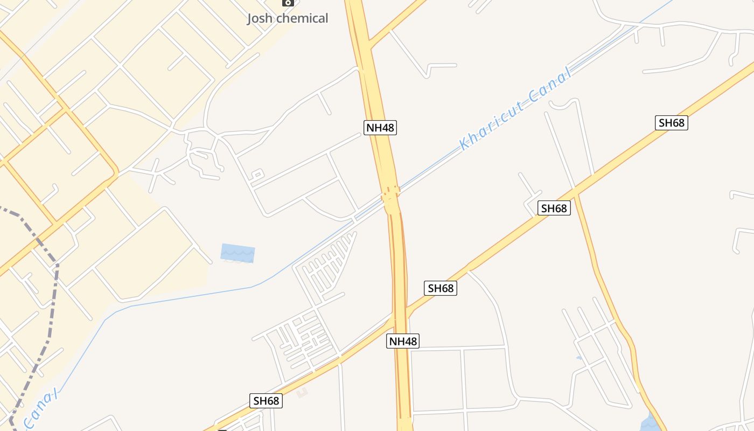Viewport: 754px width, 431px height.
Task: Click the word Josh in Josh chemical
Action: pos(261,18)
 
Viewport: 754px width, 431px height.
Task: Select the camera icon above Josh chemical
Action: pos(288,2)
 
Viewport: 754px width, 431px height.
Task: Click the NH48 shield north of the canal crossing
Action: pos(380,128)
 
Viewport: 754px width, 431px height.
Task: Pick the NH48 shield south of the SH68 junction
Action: pos(402,341)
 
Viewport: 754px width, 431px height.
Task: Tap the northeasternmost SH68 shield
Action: pos(672,123)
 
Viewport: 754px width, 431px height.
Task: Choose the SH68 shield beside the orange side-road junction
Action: pos(554,208)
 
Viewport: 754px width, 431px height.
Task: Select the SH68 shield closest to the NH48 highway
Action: pos(441,288)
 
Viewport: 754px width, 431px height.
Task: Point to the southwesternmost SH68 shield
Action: pos(266,401)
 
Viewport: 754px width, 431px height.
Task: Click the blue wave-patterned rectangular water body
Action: pos(238,253)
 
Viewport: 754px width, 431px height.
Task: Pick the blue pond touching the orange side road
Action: pos(652,423)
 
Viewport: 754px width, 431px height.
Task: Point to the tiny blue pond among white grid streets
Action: pos(579,358)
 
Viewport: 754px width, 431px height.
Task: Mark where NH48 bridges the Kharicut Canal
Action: pos(391,195)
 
